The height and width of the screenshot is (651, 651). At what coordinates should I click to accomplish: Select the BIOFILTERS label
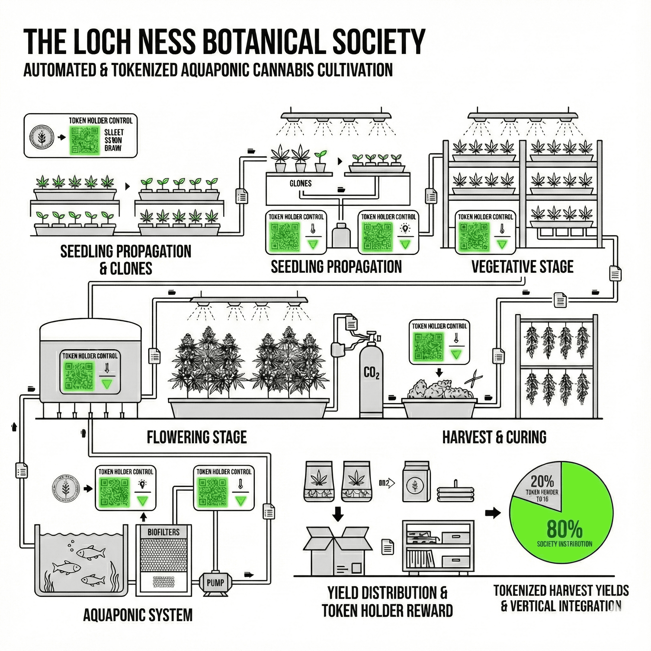click(x=163, y=532)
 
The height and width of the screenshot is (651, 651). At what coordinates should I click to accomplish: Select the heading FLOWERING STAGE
click(x=196, y=437)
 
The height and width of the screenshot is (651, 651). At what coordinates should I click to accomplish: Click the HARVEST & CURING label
click(x=494, y=437)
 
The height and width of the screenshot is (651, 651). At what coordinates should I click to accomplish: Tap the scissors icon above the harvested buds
click(x=473, y=376)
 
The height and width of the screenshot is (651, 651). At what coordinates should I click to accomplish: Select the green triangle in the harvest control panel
click(x=456, y=354)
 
